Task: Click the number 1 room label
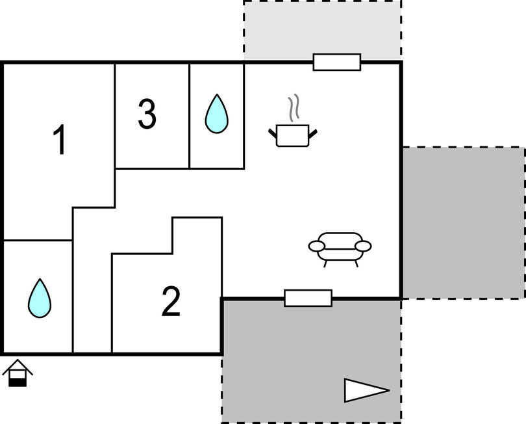[x=60, y=140]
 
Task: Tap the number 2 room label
[x=170, y=302]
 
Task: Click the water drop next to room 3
[x=217, y=114]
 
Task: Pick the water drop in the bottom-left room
[x=40, y=298]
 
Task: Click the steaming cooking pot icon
[x=293, y=135]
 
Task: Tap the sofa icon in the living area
[x=340, y=248]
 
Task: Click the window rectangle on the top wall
[x=337, y=62]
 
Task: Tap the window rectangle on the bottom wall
[x=308, y=298]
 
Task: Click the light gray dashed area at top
[x=322, y=29]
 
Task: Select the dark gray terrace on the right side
[x=463, y=222]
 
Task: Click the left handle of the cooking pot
[x=273, y=134]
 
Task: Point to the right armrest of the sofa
[x=363, y=246]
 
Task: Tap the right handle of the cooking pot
[x=314, y=134]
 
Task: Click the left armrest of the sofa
[x=317, y=246]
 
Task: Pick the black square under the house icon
[x=18, y=382]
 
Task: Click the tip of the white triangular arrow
[x=388, y=390]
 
